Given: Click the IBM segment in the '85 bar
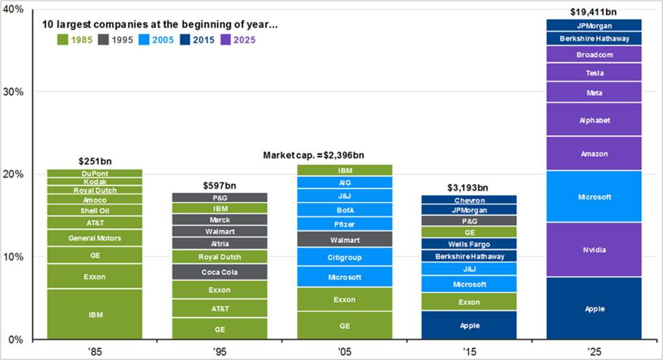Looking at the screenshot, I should (x=95, y=314).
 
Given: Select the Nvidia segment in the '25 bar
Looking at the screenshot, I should (x=594, y=250).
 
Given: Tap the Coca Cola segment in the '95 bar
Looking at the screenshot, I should (x=220, y=272).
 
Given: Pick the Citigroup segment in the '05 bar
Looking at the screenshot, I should (x=345, y=257).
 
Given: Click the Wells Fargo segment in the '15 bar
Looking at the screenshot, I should (x=469, y=244).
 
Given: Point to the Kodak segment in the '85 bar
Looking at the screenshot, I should (x=95, y=181).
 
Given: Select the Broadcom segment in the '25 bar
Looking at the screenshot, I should (x=594, y=54).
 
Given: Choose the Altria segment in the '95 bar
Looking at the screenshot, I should (x=220, y=243).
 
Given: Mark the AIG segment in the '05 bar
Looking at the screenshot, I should (x=345, y=182).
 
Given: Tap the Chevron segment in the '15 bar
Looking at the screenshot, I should (x=469, y=200).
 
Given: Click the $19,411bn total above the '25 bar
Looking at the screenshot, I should (x=594, y=11).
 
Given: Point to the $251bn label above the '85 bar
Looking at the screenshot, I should (x=95, y=161).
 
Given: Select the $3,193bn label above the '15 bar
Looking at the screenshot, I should (x=469, y=188).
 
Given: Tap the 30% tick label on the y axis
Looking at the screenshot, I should (x=14, y=92).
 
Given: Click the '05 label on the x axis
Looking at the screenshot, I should (x=345, y=351).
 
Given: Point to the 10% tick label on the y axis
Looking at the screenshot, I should (x=14, y=257).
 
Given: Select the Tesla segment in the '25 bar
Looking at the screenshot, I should (x=594, y=73).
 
